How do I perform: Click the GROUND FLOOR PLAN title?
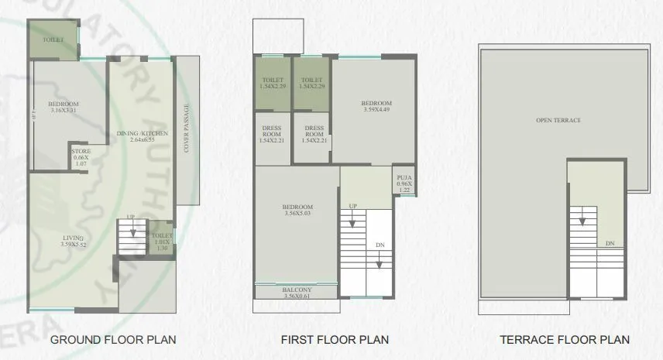pos(112,339)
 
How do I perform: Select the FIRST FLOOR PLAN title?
pos(335,339)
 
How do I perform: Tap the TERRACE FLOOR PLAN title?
pos(563,339)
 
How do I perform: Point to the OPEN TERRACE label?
pos(558,121)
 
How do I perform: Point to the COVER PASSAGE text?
pos(187,128)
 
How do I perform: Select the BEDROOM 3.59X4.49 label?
pos(377,106)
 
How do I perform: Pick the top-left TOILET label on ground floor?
pos(53,39)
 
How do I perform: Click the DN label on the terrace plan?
pos(610,244)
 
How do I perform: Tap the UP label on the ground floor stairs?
pos(131,217)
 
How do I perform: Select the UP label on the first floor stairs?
pos(352,206)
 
